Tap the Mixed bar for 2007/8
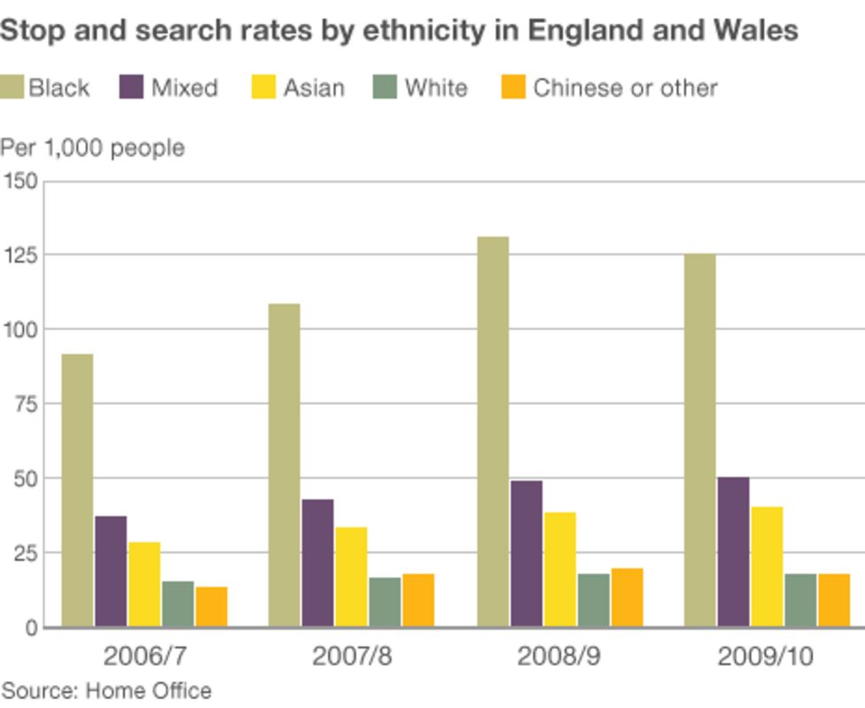coord(317,563)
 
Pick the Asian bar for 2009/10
coord(767,566)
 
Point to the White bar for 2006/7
coord(177,603)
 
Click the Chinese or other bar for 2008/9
coord(627,597)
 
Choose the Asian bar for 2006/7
coord(144,584)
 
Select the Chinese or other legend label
coord(625,88)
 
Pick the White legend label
coord(435,88)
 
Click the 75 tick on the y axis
coord(24,404)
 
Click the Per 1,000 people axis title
coord(92,147)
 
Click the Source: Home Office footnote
coord(105,690)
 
